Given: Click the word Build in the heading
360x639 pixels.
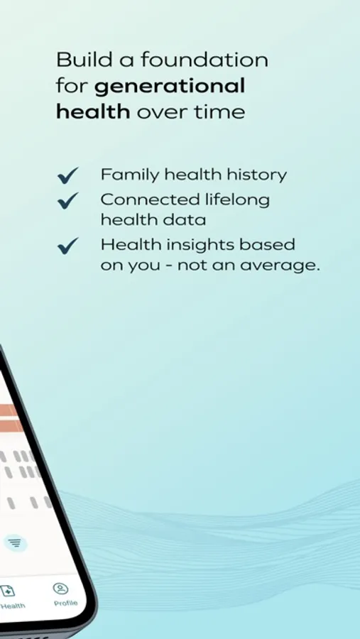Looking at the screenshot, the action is click(x=84, y=60).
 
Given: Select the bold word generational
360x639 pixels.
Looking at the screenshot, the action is click(x=170, y=87).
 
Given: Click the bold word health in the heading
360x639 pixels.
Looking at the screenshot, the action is click(x=93, y=111).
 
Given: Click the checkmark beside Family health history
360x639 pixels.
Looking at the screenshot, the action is click(x=67, y=175).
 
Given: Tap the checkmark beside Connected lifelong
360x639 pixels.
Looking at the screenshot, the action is click(x=67, y=200).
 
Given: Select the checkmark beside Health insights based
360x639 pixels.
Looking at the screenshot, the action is click(x=67, y=246).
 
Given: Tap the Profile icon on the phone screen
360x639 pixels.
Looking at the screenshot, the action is click(x=60, y=589).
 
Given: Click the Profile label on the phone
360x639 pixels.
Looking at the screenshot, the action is click(x=65, y=603).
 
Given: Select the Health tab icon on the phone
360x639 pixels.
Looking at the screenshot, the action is click(x=7, y=591).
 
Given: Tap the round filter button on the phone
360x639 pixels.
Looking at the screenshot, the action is click(x=15, y=543).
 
